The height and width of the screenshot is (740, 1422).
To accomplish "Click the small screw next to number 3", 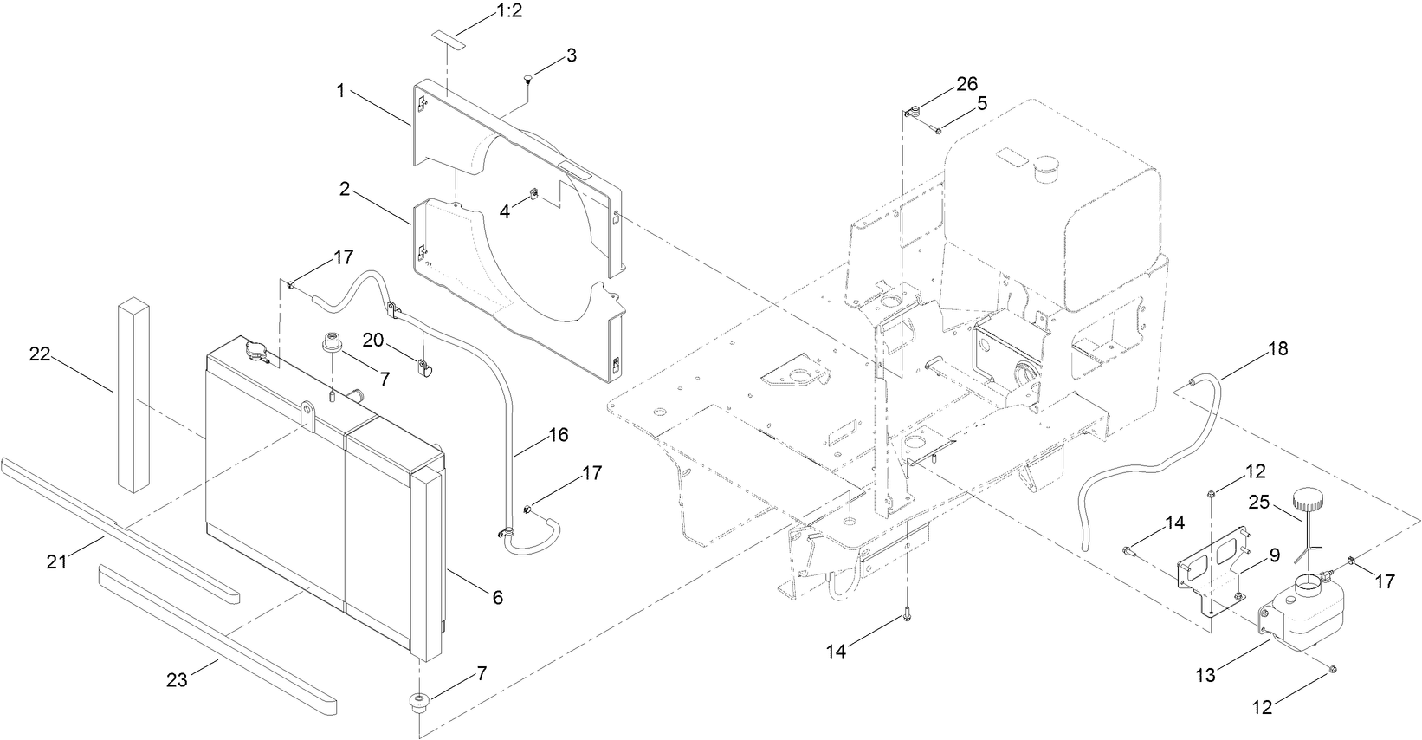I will (x=528, y=81).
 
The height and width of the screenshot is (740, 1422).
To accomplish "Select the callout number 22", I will (x=41, y=354).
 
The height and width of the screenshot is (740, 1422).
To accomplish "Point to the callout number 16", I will (x=559, y=435).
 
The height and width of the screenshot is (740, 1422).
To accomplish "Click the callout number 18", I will (x=1277, y=349).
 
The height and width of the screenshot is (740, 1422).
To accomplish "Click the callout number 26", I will (x=966, y=84).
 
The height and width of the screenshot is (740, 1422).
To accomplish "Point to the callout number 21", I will (x=58, y=563).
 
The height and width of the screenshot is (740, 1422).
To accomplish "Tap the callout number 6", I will (x=497, y=597).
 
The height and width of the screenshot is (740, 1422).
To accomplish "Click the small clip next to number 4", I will (x=534, y=194).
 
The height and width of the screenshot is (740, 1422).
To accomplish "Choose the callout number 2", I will (x=345, y=190).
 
